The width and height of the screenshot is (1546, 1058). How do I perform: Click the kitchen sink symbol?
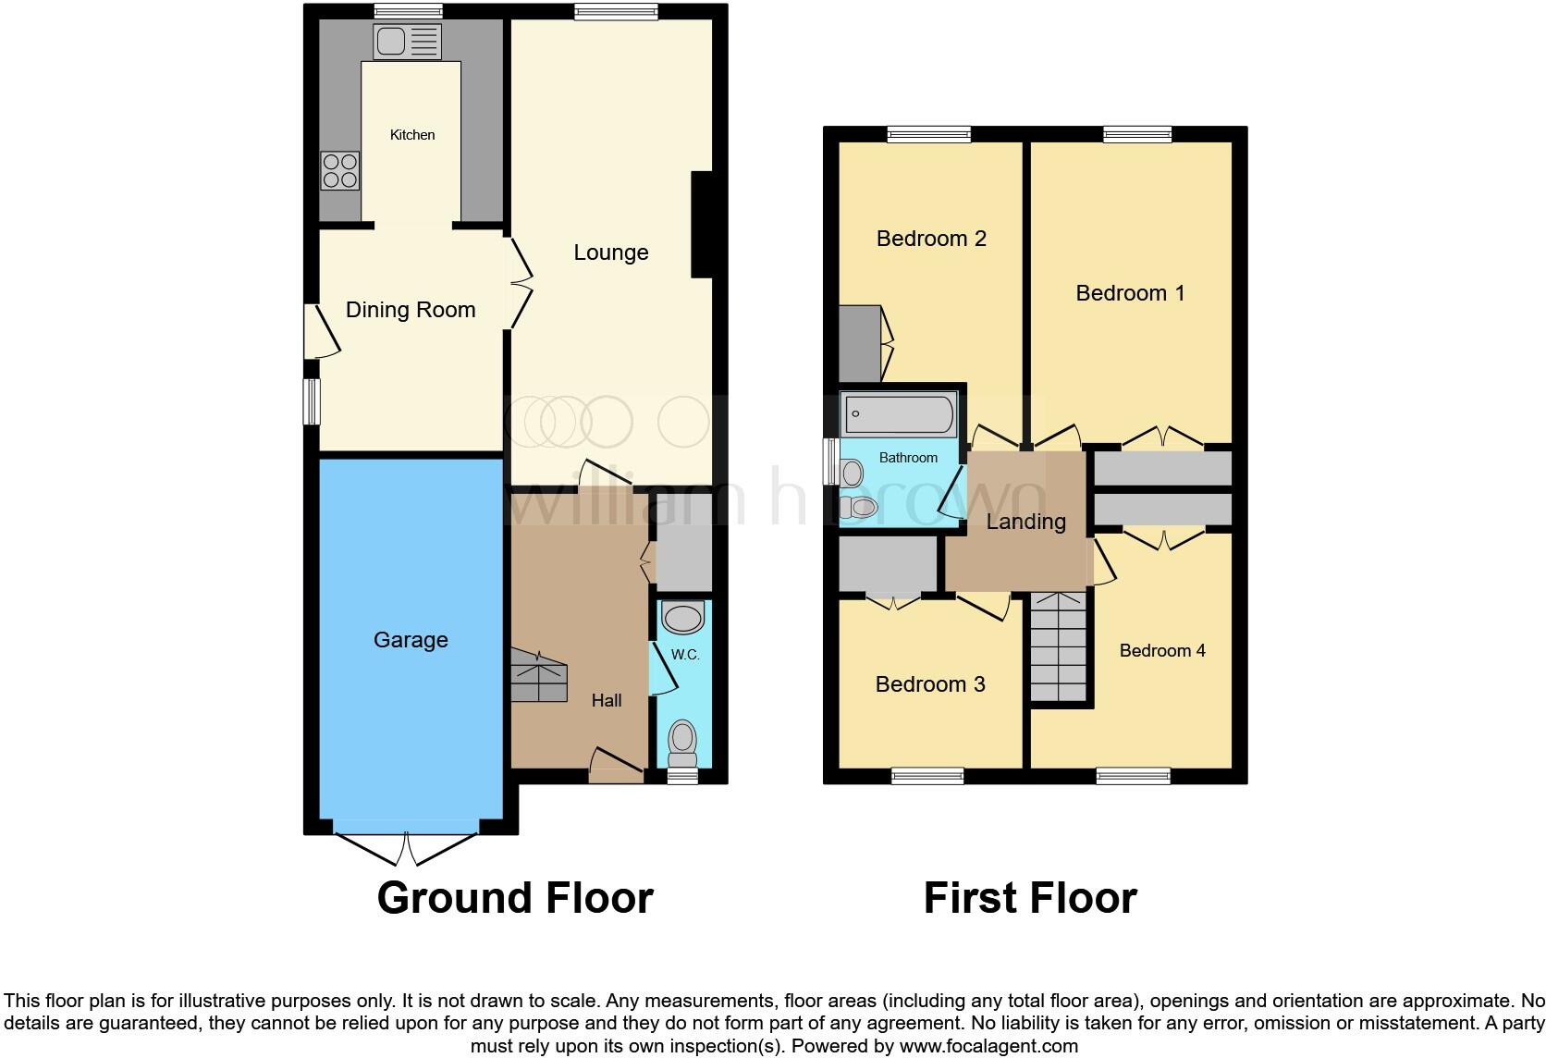[407, 42]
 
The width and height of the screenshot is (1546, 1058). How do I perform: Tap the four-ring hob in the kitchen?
[340, 171]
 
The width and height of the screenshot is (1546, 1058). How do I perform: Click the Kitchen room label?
[412, 135]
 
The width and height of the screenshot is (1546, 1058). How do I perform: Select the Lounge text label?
[610, 252]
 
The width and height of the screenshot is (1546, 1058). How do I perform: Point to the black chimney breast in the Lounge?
[702, 225]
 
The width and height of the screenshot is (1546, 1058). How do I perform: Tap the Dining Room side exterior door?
[323, 332]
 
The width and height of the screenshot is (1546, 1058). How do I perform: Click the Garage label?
[411, 640]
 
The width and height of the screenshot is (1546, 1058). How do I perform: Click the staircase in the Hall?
[537, 676]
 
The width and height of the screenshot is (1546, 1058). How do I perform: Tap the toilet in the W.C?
[682, 738]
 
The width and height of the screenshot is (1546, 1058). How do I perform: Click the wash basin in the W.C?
[683, 618]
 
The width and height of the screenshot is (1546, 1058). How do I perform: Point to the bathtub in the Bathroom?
[898, 414]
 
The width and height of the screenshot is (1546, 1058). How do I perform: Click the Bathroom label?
[908, 458]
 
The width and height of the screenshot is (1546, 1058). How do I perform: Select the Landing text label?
[1025, 522]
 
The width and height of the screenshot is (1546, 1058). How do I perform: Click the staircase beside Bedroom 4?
[1058, 647]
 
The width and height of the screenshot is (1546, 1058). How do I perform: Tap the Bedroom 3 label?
[930, 684]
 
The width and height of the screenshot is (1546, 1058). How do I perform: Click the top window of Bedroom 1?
[1137, 135]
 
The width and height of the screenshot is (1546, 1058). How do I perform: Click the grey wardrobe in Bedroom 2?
[860, 344]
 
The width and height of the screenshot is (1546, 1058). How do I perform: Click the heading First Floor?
[1030, 898]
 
